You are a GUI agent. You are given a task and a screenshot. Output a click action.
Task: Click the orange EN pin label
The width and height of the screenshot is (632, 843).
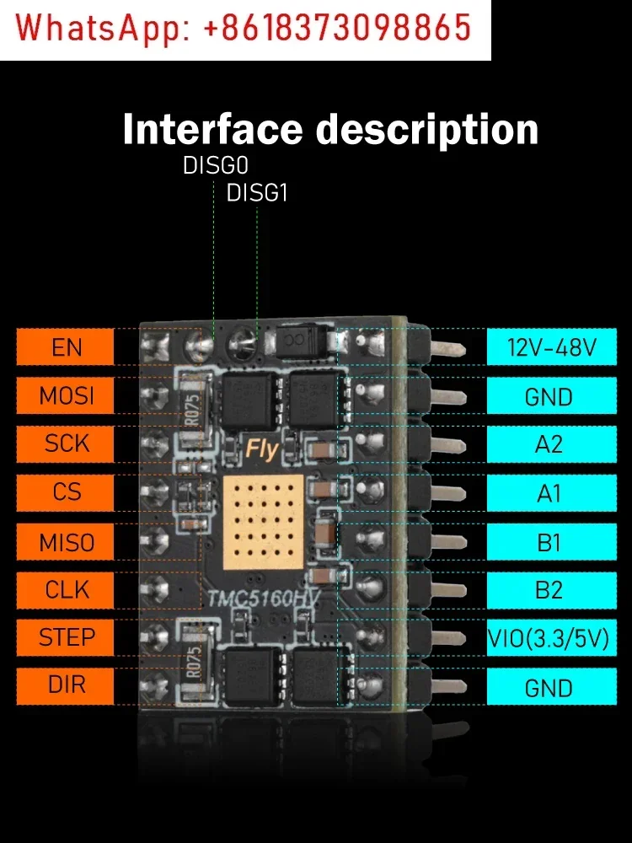click(65, 346)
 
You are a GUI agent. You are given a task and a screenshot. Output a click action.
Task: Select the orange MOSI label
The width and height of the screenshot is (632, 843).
click(65, 395)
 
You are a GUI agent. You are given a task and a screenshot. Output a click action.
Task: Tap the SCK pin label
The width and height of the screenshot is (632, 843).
click(65, 443)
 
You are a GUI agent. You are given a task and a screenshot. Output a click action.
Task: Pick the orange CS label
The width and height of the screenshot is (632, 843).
click(65, 492)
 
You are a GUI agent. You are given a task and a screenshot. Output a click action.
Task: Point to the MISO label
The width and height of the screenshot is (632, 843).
click(65, 541)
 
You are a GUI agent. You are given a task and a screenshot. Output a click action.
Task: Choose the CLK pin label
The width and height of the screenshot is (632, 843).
click(65, 589)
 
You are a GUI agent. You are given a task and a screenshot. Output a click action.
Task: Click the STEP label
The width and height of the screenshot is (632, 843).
click(65, 638)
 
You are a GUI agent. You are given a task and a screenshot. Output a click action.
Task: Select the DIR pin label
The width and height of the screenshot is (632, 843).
click(65, 686)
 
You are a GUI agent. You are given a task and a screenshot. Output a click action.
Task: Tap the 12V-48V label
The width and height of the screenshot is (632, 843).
click(549, 346)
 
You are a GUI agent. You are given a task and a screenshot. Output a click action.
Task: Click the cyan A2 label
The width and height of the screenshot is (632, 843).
click(549, 443)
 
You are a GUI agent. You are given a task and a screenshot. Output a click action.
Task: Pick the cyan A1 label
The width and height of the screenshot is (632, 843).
click(549, 492)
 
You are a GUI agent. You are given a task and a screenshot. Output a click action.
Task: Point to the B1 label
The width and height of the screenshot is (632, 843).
click(549, 541)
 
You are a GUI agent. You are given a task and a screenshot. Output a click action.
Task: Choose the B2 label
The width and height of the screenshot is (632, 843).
click(549, 589)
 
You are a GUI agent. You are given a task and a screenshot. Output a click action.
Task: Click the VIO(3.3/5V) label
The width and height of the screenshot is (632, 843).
click(549, 638)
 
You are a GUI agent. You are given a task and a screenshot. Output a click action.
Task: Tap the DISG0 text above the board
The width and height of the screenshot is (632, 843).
click(215, 166)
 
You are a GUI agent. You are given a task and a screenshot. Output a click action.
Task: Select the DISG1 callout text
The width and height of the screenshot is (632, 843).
click(257, 193)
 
